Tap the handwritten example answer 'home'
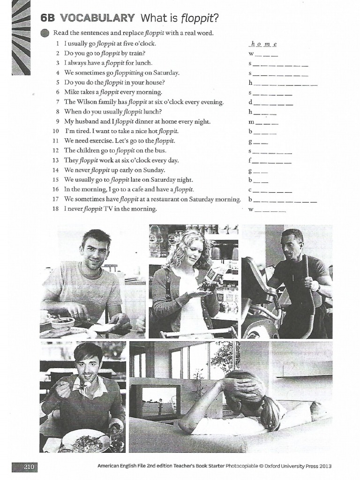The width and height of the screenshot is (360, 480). click(x=263, y=44)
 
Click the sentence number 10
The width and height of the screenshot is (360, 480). click(x=56, y=131)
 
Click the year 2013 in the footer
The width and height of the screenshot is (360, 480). click(x=325, y=467)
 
